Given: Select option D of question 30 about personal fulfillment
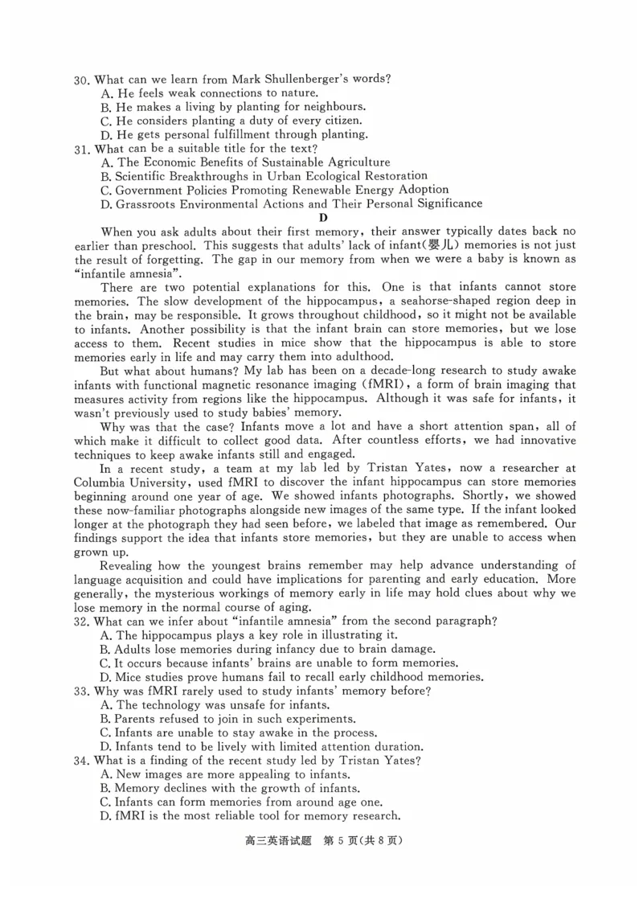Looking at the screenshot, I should [x=234, y=134].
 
